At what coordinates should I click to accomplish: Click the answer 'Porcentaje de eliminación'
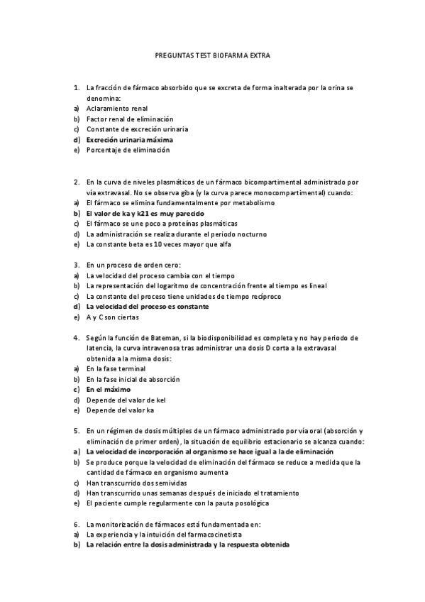[128, 150]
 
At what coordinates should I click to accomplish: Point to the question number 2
[76, 182]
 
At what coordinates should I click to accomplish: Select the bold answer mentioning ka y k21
[145, 213]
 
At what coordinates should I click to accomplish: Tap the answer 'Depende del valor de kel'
[125, 400]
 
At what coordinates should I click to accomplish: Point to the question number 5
[76, 431]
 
